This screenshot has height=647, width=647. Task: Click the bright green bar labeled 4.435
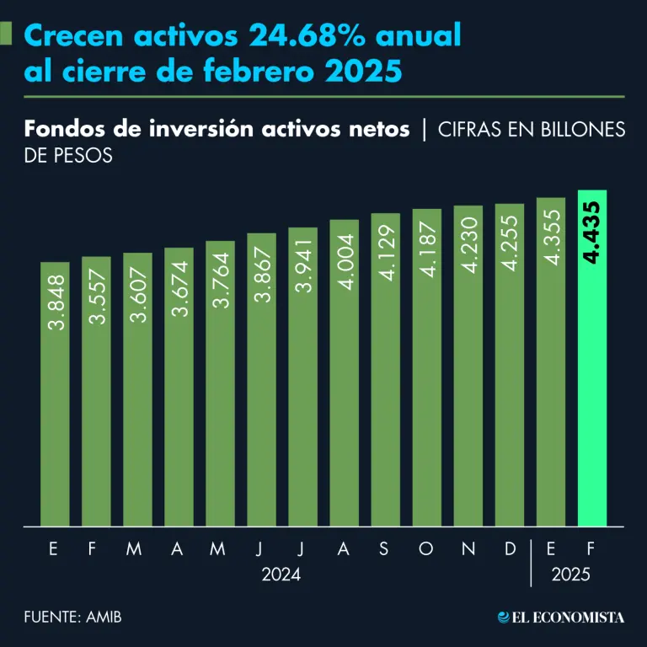pos(592,362)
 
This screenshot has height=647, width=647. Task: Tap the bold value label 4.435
pos(591,233)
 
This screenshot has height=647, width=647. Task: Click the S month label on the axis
pos(384,549)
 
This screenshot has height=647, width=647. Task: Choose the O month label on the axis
pos(426,549)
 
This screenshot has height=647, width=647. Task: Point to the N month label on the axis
pos(468,549)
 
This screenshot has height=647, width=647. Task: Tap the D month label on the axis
pos(510,549)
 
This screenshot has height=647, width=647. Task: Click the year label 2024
pos(281,576)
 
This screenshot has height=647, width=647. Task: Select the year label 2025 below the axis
pos(571,576)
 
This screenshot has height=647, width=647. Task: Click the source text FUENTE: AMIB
pos(73,617)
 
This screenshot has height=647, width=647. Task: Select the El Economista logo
pos(561,617)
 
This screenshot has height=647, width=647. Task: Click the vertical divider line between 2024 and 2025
pos(531,562)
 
